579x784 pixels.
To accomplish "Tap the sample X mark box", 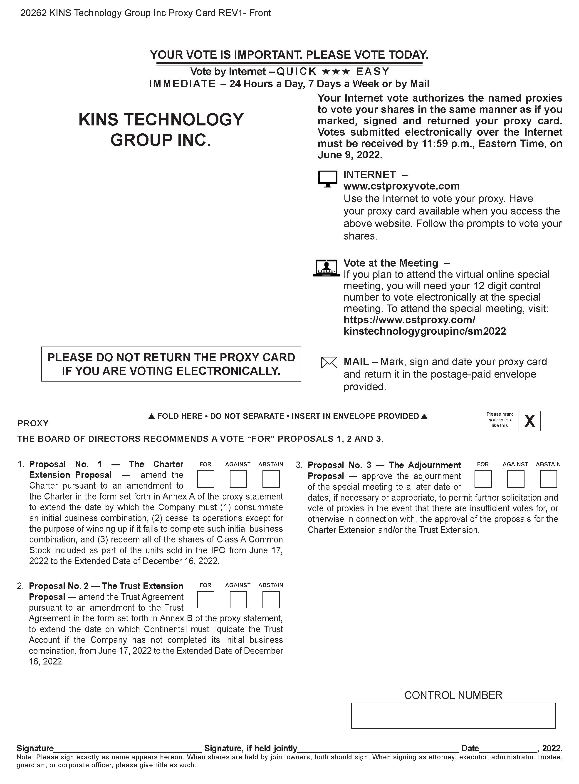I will (529, 421).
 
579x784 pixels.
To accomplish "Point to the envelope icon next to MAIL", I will (329, 362).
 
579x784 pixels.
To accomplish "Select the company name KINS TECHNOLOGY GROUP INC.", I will (161, 130).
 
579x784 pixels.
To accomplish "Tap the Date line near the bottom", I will (508, 749).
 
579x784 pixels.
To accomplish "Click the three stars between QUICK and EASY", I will (336, 72).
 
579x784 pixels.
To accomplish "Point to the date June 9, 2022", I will (349, 155).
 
